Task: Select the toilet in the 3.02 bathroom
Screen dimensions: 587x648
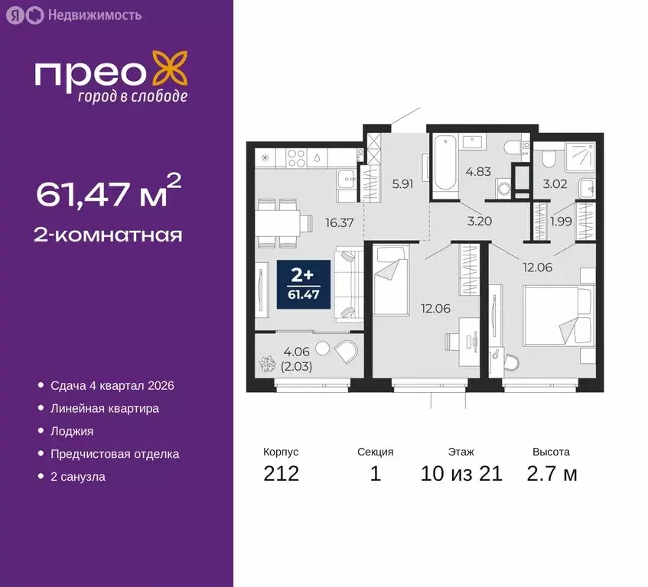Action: click(548, 157)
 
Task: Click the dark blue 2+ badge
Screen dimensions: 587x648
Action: click(304, 284)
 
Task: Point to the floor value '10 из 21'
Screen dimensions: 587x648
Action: click(461, 474)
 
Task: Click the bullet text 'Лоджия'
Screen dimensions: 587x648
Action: click(72, 431)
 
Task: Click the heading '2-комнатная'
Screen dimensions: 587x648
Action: click(109, 235)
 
